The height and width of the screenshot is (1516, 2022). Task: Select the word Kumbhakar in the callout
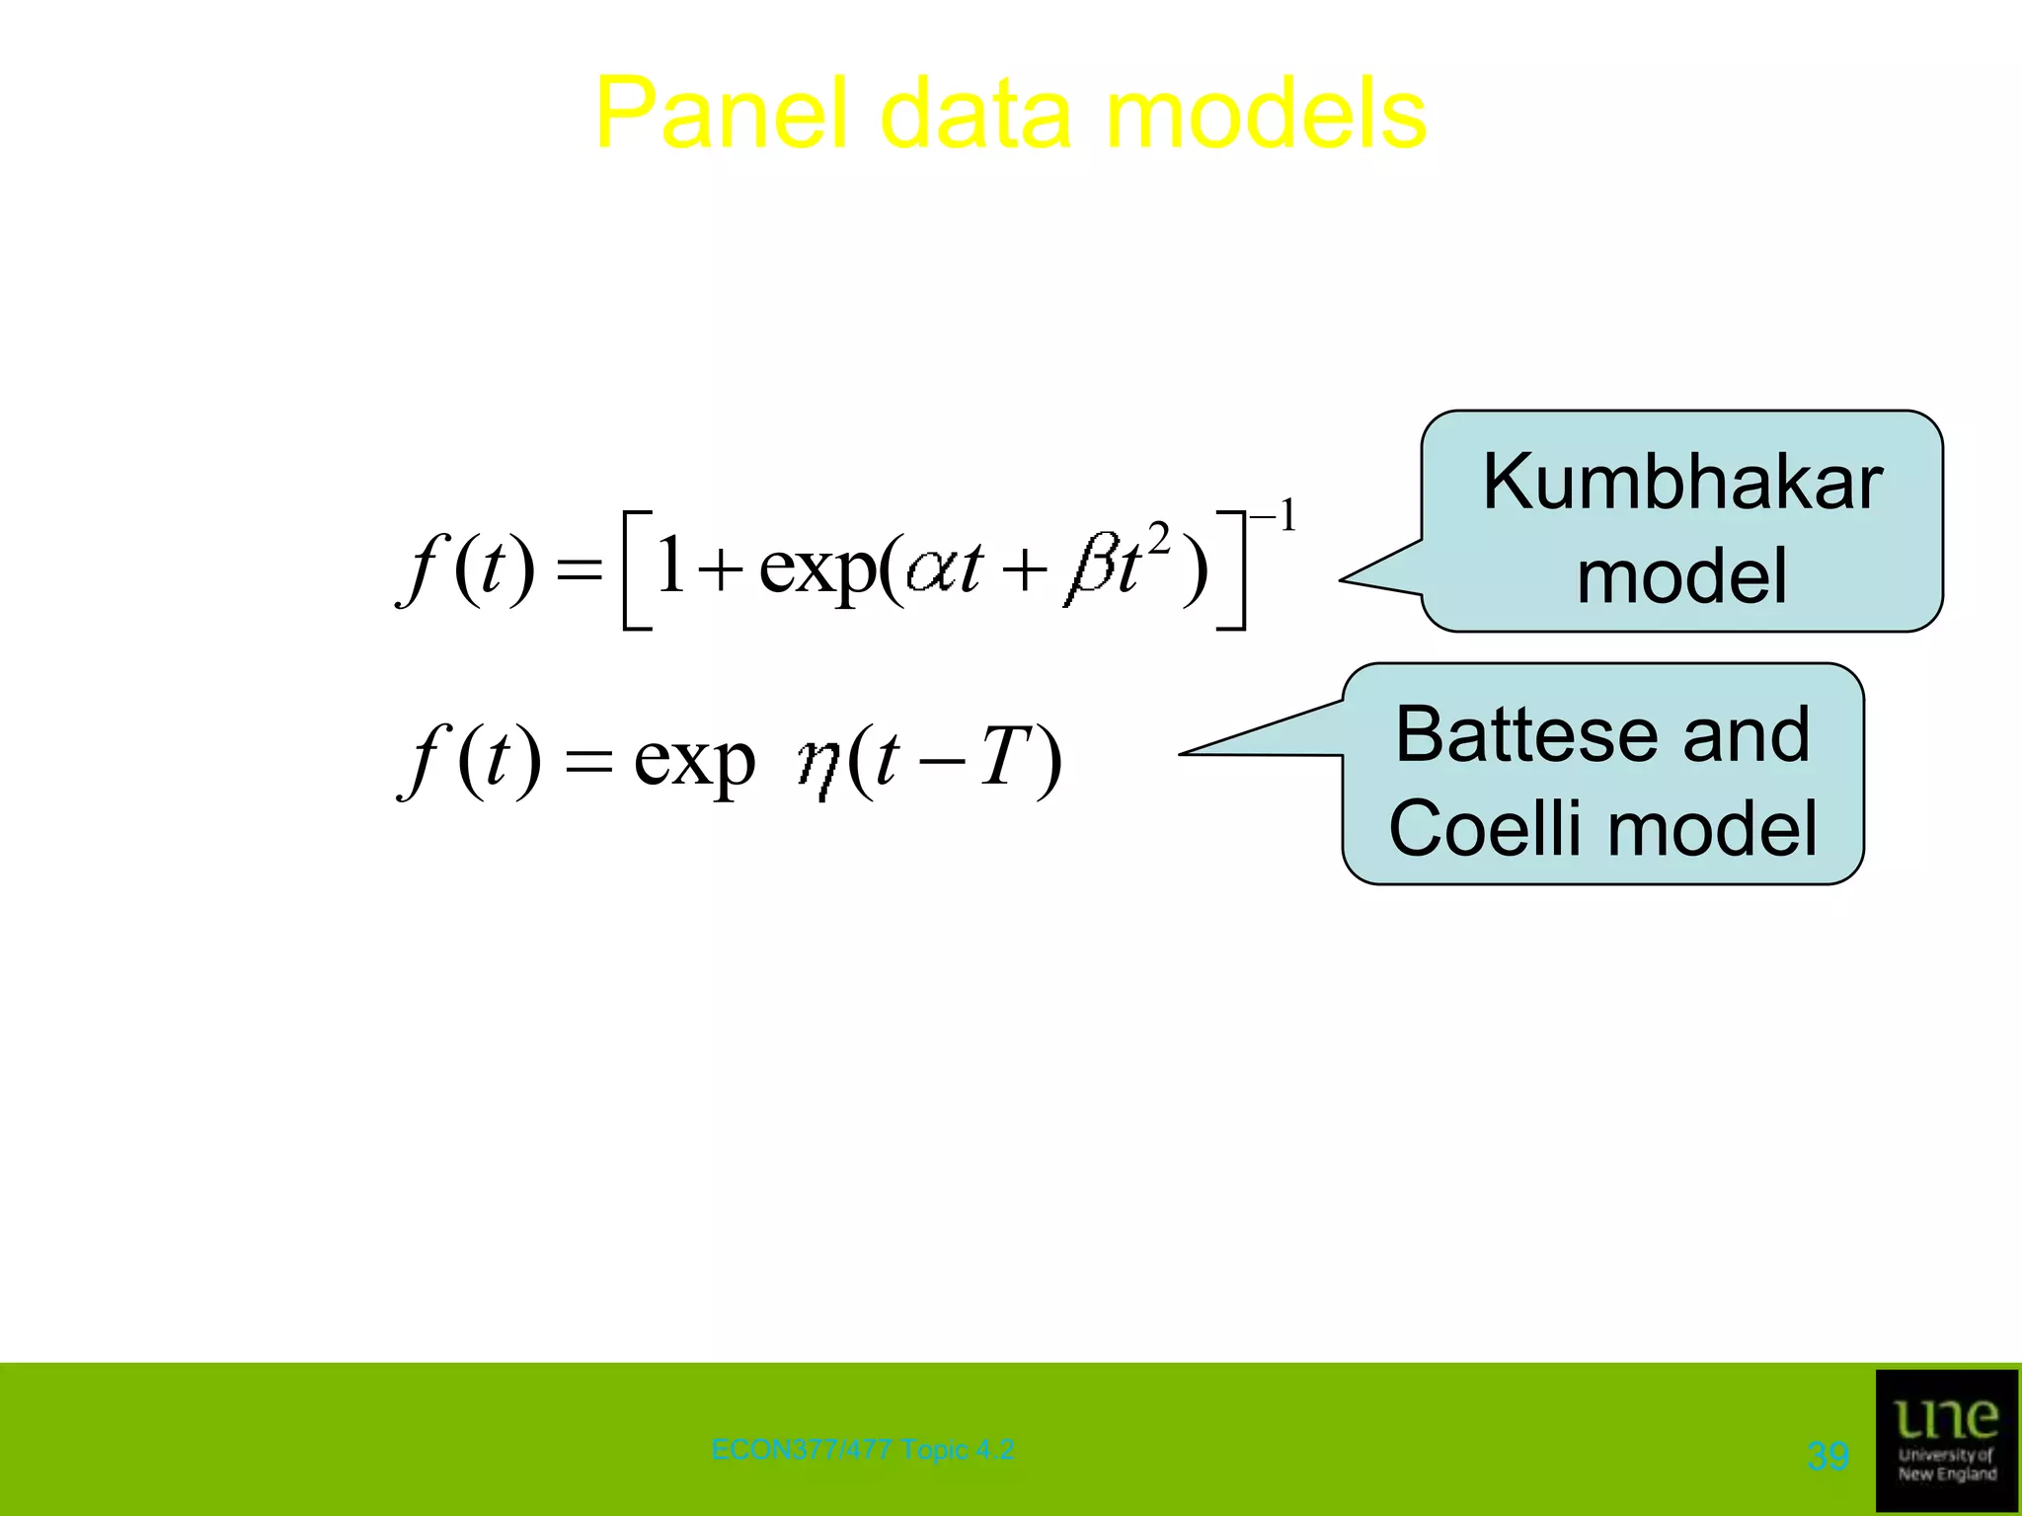(x=1682, y=482)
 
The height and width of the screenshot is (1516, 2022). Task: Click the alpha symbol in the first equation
(x=931, y=570)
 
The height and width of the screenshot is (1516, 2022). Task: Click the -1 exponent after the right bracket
(x=1274, y=516)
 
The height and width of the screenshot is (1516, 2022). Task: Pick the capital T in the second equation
(x=1006, y=758)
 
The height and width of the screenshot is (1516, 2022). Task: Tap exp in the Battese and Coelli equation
(x=694, y=762)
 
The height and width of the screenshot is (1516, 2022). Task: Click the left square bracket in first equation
(x=636, y=570)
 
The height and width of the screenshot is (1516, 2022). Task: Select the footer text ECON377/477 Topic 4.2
(x=862, y=1450)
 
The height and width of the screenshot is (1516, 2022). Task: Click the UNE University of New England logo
(x=1946, y=1439)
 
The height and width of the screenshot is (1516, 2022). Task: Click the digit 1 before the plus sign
(x=671, y=565)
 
